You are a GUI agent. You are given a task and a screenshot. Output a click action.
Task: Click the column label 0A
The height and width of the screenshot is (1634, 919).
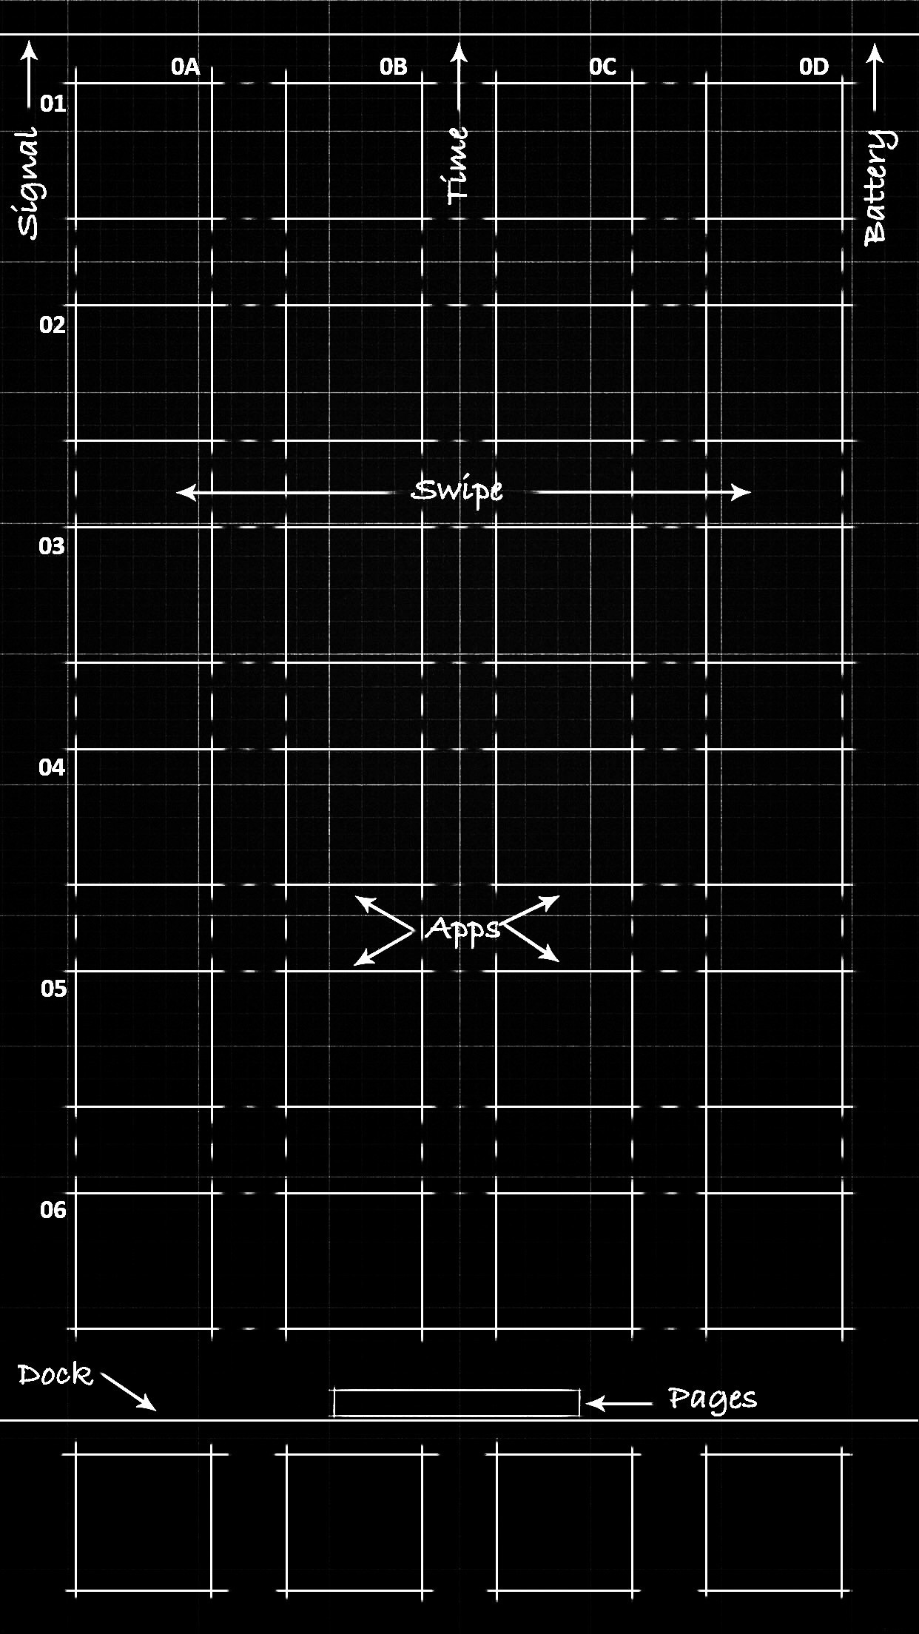pos(186,67)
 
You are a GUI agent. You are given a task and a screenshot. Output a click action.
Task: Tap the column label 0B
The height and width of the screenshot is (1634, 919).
pos(394,67)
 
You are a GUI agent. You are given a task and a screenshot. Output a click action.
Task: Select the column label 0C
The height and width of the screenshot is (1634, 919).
pos(603,67)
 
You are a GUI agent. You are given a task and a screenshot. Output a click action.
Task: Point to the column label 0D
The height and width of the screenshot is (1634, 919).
pos(814,67)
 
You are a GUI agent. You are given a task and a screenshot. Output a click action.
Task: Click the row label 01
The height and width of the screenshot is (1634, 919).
pos(53,104)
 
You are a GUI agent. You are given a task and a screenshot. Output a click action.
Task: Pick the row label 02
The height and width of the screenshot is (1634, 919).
pos(53,325)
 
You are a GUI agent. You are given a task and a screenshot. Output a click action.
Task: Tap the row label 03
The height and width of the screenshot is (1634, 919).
pos(52,546)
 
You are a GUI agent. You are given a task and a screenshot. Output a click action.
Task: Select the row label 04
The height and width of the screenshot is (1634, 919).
pos(52,767)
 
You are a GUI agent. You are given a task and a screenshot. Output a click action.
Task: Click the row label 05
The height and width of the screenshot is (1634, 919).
pos(53,989)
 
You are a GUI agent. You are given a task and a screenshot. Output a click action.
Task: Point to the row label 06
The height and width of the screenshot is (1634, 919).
pos(53,1210)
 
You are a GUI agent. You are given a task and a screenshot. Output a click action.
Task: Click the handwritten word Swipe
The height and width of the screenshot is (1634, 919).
pos(457,492)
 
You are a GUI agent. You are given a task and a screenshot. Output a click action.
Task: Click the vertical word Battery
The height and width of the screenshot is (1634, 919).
pos(878,186)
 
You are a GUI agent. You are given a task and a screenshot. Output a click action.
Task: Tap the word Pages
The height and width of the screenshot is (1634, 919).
pos(713,1399)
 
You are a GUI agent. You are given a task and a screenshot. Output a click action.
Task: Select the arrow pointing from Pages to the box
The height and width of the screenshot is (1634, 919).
pos(620,1402)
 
